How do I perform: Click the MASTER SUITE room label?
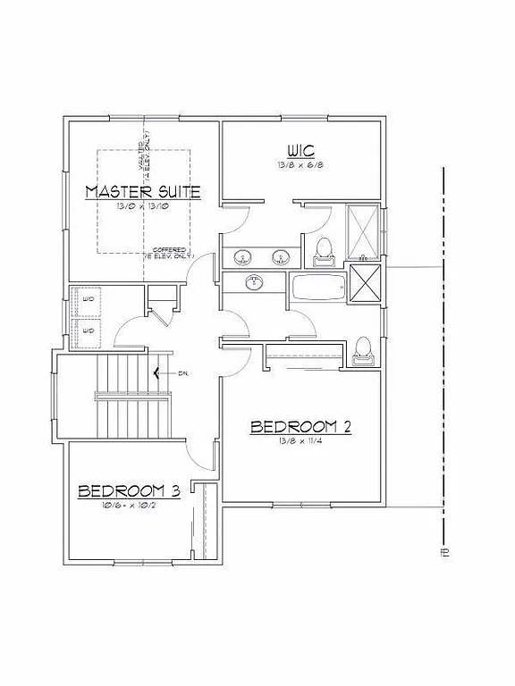pos(142,191)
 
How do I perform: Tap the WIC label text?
pos(299,149)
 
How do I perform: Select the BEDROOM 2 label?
pos(300,427)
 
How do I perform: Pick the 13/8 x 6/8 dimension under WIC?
pos(299,165)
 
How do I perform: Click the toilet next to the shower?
pos(324,251)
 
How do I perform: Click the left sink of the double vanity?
pos(242,258)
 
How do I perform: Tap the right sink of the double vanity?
pos(281,258)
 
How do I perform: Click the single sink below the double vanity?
pos(255,284)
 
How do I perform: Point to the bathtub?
pos(318,289)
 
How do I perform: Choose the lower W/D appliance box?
pos(88,330)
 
